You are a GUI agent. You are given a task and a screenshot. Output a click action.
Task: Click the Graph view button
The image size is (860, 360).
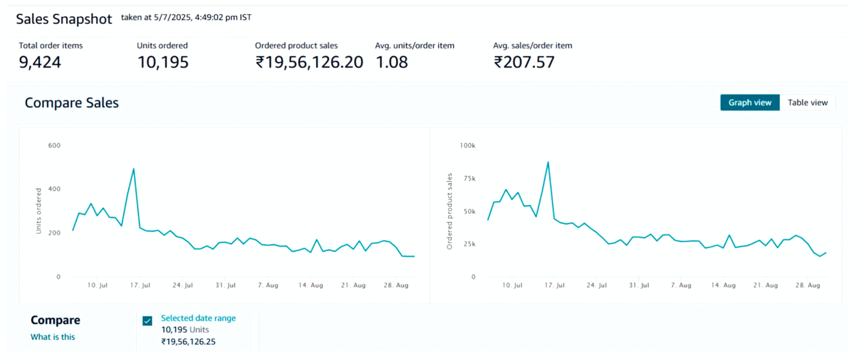750,102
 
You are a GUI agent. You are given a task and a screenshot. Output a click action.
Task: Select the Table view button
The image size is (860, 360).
807,102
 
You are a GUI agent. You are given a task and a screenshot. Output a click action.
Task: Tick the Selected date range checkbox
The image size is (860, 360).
147,321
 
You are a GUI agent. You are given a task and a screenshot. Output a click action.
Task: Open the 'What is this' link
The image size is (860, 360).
53,337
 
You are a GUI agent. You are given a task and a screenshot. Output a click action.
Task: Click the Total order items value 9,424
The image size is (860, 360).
40,62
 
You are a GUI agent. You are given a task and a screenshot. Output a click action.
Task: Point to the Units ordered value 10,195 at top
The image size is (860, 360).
163,62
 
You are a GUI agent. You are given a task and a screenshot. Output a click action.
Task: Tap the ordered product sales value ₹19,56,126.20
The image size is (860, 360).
310,62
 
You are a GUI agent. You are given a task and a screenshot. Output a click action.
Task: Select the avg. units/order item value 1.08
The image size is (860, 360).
391,62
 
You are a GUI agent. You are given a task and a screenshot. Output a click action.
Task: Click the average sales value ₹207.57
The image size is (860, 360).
524,62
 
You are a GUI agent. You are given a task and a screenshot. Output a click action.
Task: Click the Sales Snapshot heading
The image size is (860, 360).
64,19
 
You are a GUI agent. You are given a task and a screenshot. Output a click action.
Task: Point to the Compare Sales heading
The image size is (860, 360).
72,103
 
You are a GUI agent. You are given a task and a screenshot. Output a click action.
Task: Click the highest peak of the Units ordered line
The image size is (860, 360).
133,169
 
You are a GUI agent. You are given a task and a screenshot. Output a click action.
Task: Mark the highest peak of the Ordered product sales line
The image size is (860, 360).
548,162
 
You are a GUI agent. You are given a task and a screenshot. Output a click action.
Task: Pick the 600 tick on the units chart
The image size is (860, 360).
54,146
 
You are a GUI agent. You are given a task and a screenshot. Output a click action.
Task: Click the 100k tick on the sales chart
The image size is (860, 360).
467,146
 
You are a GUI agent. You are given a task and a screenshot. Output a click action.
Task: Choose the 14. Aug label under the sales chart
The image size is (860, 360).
723,286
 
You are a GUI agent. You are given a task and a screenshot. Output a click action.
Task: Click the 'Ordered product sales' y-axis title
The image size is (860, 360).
449,211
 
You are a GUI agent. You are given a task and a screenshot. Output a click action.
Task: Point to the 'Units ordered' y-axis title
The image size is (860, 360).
39,211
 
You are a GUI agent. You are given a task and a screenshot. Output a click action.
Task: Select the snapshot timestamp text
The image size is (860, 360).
186,17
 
